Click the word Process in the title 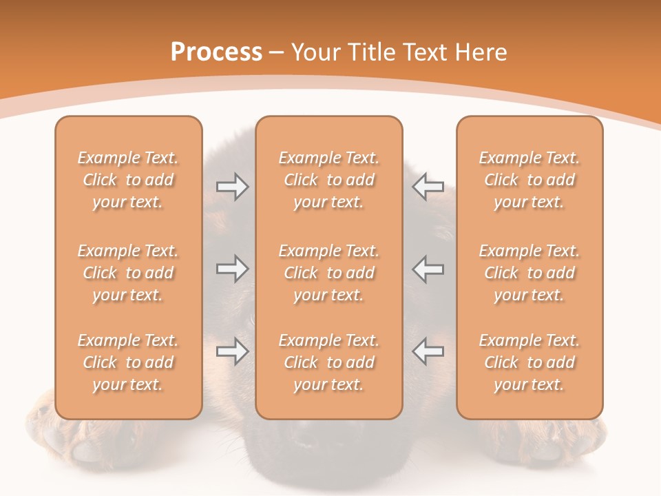[x=216, y=52]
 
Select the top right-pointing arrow [x=232, y=187]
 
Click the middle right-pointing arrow [x=232, y=268]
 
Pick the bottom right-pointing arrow [x=232, y=351]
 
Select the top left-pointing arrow [x=428, y=187]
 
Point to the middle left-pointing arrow [x=428, y=268]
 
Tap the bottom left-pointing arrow [x=428, y=351]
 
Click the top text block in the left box [x=128, y=180]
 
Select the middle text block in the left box [x=128, y=273]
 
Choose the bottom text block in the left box [x=128, y=362]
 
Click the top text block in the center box [x=328, y=180]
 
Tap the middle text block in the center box [x=328, y=273]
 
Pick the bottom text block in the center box [x=328, y=362]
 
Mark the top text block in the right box [x=529, y=180]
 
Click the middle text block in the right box [x=529, y=273]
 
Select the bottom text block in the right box [x=529, y=362]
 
